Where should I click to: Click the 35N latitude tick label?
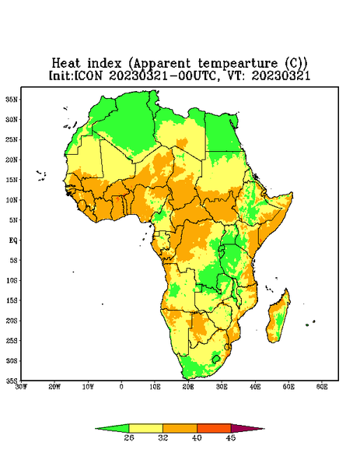[12, 100]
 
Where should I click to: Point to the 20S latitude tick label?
[12, 321]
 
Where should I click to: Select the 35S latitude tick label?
[12, 381]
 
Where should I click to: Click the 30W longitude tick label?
[21, 387]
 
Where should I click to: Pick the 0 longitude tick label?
[121, 387]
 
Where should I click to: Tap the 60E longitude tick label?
[322, 387]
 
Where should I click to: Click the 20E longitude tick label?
[188, 387]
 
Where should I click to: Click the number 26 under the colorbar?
[129, 437]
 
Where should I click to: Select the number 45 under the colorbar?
[231, 437]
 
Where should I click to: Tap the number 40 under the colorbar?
[197, 437]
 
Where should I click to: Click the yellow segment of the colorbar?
[145, 428]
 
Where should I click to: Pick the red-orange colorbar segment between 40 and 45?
[214, 428]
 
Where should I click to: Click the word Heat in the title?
[66, 63]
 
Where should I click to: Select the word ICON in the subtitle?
[88, 75]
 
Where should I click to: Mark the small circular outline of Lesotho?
[216, 359]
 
